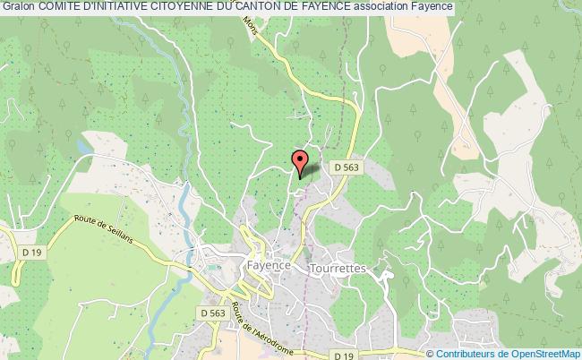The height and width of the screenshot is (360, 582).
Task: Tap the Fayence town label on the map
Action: point(267,266)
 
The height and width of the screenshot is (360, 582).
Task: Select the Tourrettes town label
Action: point(332,267)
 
